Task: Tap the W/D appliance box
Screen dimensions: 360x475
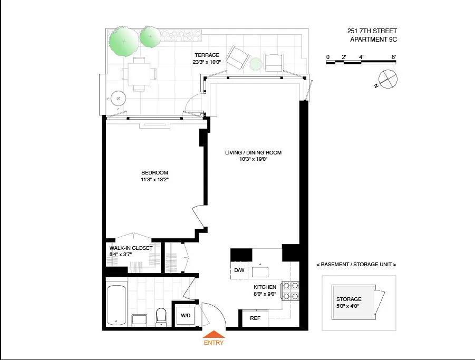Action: tap(186, 316)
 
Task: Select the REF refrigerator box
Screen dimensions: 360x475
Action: tap(255, 318)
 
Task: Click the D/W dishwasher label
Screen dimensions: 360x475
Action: tap(239, 270)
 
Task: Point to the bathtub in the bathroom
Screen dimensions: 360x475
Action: tap(117, 305)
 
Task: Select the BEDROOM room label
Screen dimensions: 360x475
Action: tap(154, 173)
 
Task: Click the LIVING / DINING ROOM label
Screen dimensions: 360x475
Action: tap(253, 153)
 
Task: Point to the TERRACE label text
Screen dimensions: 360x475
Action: tap(207, 55)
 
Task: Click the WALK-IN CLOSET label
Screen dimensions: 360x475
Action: tap(131, 248)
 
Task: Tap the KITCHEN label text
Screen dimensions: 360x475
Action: tap(265, 287)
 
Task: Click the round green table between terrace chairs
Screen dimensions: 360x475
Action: tap(255, 63)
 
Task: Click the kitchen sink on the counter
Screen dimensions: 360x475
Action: tap(260, 271)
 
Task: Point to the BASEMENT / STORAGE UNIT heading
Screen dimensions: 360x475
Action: tap(356, 264)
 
